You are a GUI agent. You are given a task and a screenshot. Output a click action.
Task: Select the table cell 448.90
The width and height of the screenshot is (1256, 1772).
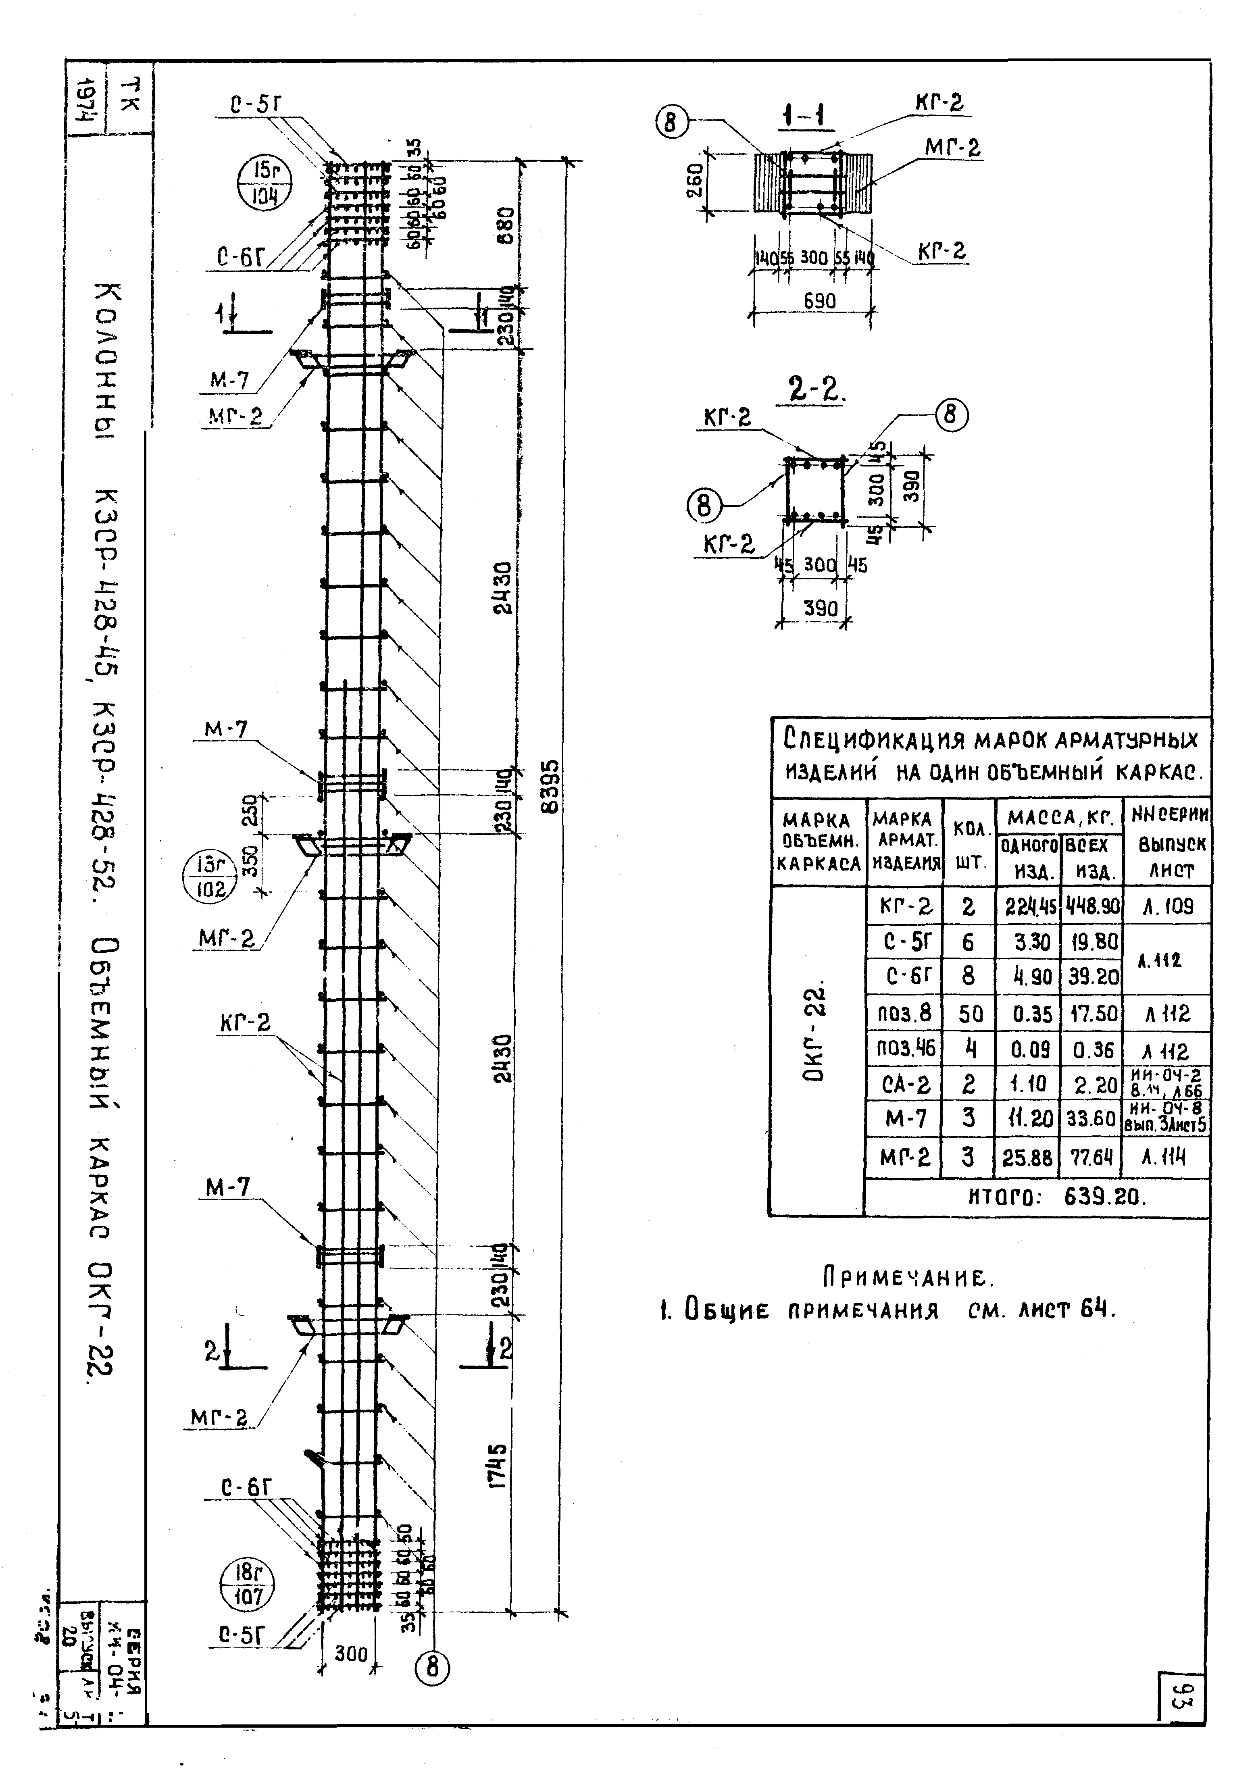(x=1091, y=905)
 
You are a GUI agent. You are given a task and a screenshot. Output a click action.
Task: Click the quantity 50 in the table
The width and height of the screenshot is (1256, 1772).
(x=968, y=1013)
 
